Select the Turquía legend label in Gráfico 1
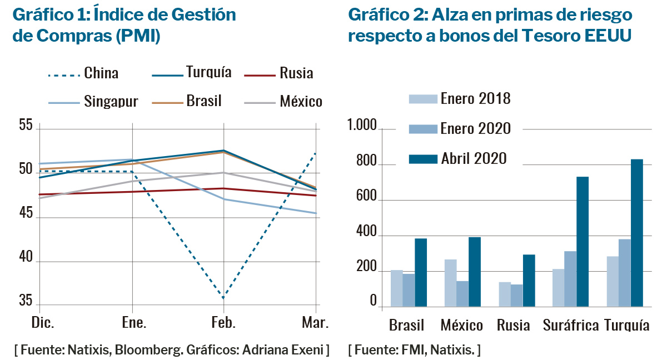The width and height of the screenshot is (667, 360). tap(208, 72)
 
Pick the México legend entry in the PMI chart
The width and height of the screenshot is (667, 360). tap(301, 101)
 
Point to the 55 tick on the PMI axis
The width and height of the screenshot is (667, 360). tap(26, 126)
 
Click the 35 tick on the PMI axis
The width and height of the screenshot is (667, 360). tap(26, 301)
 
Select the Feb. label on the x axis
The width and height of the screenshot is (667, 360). tap(223, 323)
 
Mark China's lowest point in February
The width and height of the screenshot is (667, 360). tap(223, 298)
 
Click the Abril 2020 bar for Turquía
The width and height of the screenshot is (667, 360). tap(636, 233)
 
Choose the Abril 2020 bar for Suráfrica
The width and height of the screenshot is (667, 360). tap(583, 242)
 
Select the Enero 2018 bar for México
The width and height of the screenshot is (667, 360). tap(450, 283)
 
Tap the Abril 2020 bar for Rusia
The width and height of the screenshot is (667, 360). tap(529, 281)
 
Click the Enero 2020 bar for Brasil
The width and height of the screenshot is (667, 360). tap(409, 290)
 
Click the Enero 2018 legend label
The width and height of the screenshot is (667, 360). tap(475, 99)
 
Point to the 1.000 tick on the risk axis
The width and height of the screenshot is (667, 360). tap(362, 126)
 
